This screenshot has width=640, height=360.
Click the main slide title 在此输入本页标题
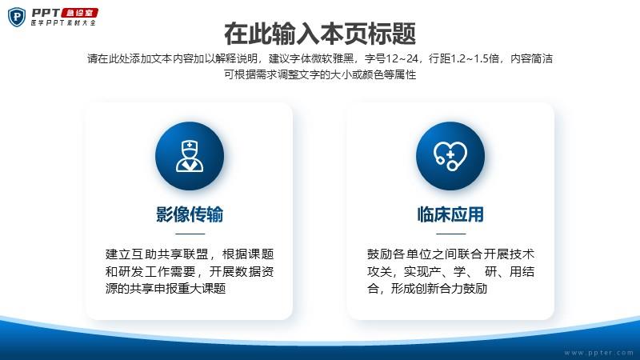pyautogui.click(x=320, y=34)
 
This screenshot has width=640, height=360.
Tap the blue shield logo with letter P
pyautogui.click(x=16, y=17)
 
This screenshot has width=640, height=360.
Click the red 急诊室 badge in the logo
pyautogui.click(x=80, y=13)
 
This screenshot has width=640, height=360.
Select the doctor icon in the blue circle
pyautogui.click(x=190, y=156)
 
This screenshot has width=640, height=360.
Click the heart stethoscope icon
pyautogui.click(x=450, y=156)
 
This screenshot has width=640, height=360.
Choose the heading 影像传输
pyautogui.click(x=190, y=214)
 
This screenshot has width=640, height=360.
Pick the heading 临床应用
pyautogui.click(x=450, y=214)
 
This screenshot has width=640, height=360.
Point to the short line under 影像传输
pyautogui.click(x=190, y=234)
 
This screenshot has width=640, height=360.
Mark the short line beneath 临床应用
pyautogui.click(x=450, y=234)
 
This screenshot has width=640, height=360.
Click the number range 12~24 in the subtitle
pyautogui.click(x=402, y=58)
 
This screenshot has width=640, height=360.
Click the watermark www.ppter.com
pyautogui.click(x=598, y=353)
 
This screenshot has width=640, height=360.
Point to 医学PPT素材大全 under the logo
pyautogui.click(x=63, y=23)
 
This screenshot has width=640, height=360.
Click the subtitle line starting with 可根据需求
pyautogui.click(x=320, y=74)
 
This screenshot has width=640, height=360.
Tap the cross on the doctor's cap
pyautogui.click(x=190, y=145)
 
